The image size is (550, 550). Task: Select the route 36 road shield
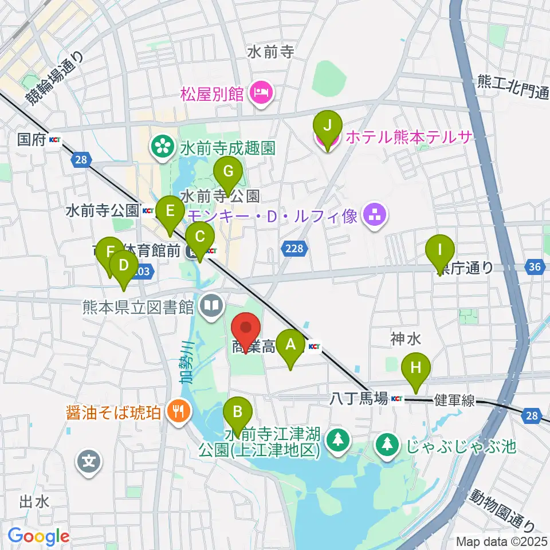click(x=535, y=267)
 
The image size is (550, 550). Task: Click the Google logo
click(x=39, y=536)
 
